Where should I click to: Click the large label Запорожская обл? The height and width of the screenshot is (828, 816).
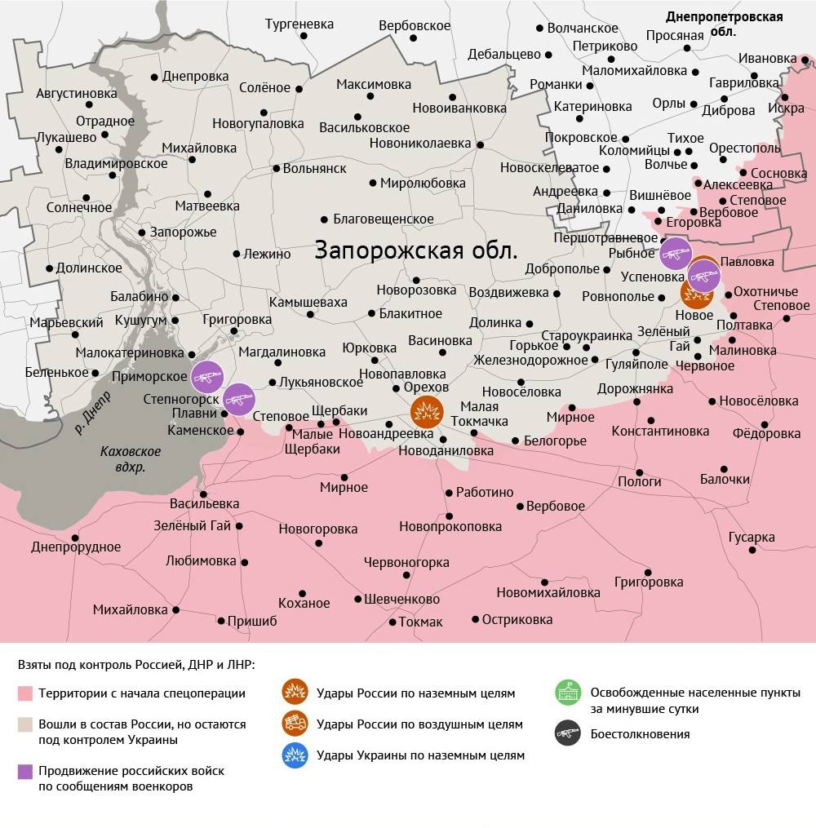click(416, 250)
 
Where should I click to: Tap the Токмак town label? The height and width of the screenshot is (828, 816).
click(420, 622)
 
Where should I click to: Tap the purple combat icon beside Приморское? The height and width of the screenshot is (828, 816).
click(208, 376)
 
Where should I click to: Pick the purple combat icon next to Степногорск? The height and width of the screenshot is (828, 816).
click(239, 399)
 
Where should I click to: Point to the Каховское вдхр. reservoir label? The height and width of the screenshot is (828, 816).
click(131, 459)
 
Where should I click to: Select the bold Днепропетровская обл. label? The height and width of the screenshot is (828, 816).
click(724, 24)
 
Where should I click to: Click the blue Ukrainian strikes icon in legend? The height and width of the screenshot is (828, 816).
click(295, 755)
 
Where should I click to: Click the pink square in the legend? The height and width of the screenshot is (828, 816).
click(25, 693)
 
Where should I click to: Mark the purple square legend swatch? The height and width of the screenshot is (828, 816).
click(25, 770)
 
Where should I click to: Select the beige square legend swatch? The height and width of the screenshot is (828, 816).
click(25, 724)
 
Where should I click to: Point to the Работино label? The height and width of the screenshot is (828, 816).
click(485, 492)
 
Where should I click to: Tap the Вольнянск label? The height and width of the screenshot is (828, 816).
click(314, 168)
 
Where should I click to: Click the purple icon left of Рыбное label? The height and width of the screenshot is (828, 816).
click(675, 254)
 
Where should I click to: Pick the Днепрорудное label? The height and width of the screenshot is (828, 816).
click(76, 547)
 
